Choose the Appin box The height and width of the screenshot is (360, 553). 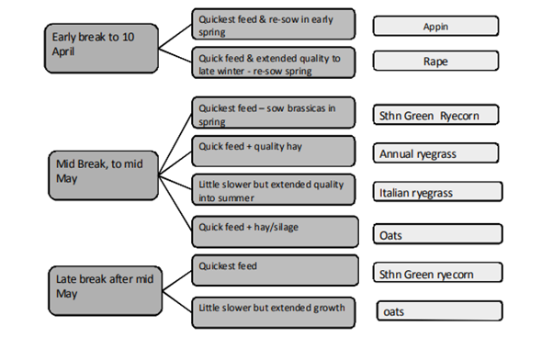click(x=436, y=26)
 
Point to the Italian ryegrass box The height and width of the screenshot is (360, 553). click(x=438, y=192)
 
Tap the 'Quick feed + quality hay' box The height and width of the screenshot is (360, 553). click(x=275, y=151)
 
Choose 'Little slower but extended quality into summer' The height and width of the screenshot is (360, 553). click(x=275, y=189)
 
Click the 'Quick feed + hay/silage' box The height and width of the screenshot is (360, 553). click(x=275, y=230)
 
